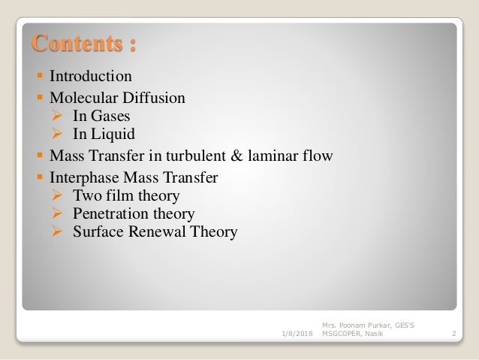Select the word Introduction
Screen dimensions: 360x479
tap(91, 77)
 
